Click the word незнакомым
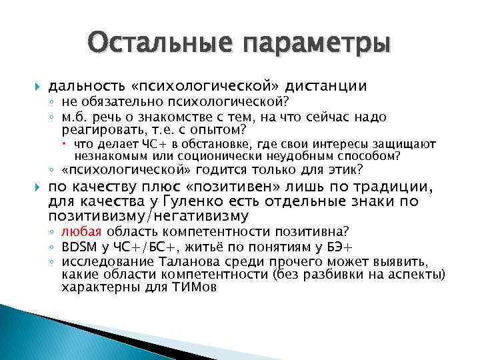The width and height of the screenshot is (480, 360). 108,156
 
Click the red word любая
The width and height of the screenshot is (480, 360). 81,231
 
